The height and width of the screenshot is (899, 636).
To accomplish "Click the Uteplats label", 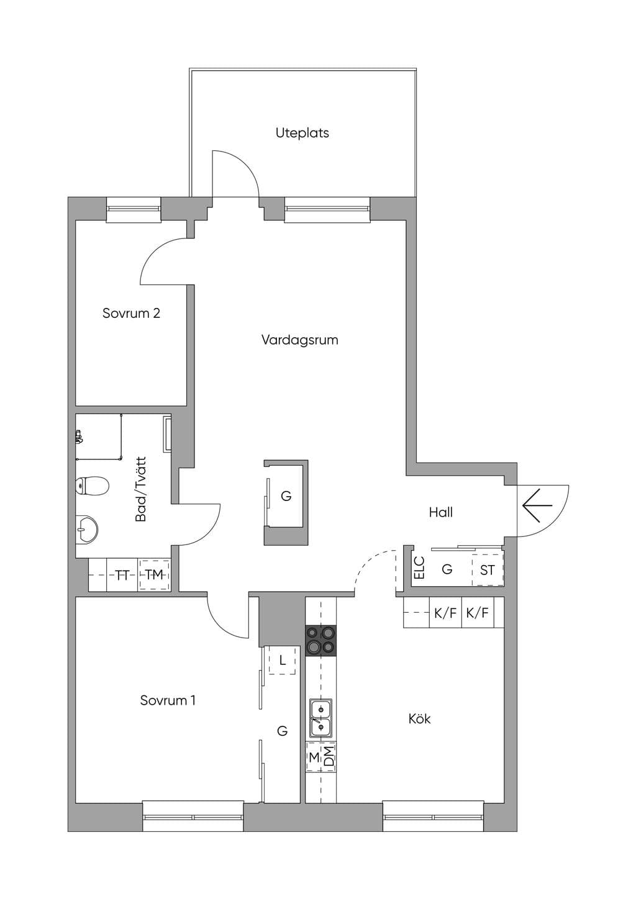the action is pyautogui.click(x=302, y=133).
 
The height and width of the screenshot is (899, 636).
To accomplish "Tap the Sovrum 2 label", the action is pyautogui.click(x=131, y=313).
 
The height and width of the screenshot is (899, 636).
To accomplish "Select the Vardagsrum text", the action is pyautogui.click(x=300, y=340).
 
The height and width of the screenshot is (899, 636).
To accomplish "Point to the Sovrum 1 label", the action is pyautogui.click(x=168, y=701).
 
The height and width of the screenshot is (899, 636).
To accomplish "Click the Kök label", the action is pyautogui.click(x=420, y=718).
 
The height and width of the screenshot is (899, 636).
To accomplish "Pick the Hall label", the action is pyautogui.click(x=441, y=512).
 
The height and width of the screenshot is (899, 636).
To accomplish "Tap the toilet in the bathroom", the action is pyautogui.click(x=92, y=486).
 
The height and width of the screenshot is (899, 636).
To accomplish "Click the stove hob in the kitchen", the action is pyautogui.click(x=321, y=641).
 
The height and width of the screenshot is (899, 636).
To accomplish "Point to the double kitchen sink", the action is pyautogui.click(x=320, y=719).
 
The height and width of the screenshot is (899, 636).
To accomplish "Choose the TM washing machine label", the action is pyautogui.click(x=154, y=575).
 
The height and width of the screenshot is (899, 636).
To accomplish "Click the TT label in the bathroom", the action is pyautogui.click(x=122, y=576).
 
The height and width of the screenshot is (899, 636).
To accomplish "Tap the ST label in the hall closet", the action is pyautogui.click(x=487, y=570).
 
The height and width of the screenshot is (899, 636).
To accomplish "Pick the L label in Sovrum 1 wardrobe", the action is pyautogui.click(x=282, y=660).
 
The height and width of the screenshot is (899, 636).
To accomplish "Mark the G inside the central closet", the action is pyautogui.click(x=286, y=497).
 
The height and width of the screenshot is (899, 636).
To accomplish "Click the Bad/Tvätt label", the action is pyautogui.click(x=141, y=489).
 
